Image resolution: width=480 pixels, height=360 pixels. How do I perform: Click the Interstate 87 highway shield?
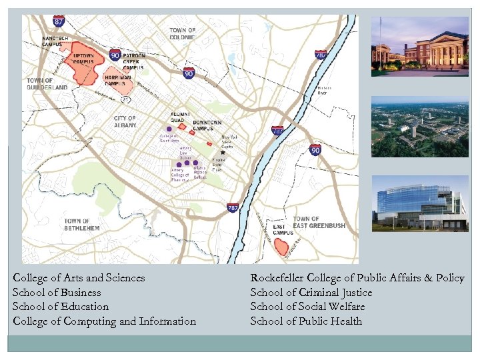tap(59, 22)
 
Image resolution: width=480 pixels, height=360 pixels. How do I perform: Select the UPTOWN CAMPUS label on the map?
tap(83, 58)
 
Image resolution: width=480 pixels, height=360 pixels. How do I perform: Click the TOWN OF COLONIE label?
tap(183, 33)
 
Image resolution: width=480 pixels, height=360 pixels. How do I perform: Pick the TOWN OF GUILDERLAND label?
tap(47, 83)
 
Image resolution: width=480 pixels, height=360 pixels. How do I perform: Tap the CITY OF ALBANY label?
tap(124, 122)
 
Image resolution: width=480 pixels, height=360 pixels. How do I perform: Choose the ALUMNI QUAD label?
tap(180, 116)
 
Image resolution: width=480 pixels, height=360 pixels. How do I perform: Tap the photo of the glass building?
tap(419, 203)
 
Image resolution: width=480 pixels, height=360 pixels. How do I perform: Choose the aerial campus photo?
tap(419, 126)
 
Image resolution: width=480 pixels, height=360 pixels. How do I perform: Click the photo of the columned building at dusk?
tap(419, 47)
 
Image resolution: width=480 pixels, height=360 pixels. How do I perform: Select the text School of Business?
tap(57, 293)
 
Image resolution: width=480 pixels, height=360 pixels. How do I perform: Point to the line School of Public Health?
tap(306, 321)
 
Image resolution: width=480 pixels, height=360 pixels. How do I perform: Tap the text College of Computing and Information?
tap(104, 321)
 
